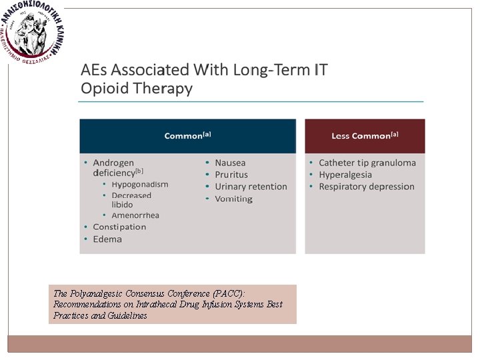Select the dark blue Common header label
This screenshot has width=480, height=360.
tap(187, 136)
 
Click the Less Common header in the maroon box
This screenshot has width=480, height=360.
tap(365, 136)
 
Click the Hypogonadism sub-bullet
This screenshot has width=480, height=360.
tap(139, 185)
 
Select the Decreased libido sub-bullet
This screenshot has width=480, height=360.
tap(131, 200)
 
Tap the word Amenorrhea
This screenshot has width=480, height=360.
tap(135, 215)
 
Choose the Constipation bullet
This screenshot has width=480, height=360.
tap(119, 227)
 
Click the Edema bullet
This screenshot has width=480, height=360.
tap(107, 239)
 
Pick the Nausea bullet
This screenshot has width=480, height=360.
tap(230, 163)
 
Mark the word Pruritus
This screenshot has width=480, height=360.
tap(231, 175)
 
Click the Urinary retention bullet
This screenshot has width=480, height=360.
tap(251, 187)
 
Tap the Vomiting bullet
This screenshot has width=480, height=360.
tap(233, 199)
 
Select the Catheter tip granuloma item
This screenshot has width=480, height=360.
tap(367, 163)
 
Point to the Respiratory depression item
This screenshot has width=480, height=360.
tap(366, 187)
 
